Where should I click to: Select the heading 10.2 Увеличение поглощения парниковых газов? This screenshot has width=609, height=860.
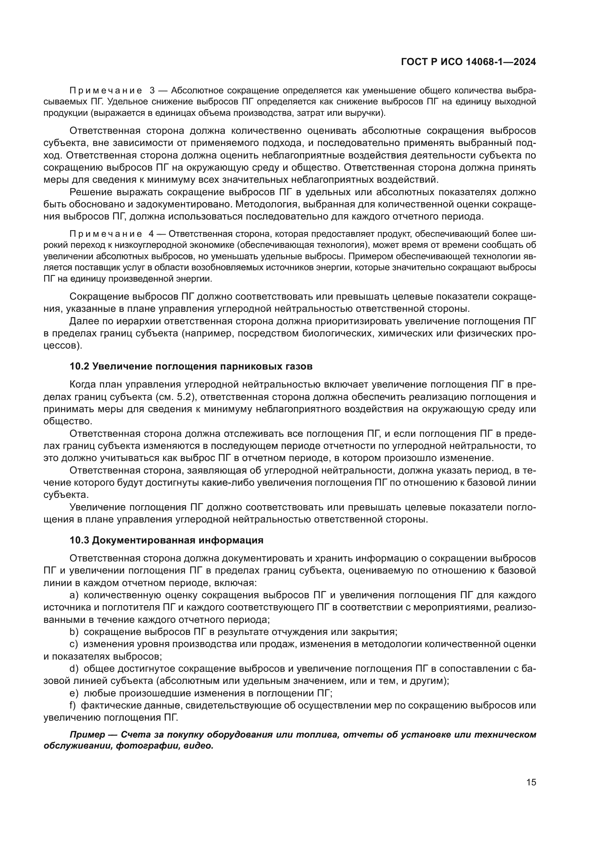point(191,366)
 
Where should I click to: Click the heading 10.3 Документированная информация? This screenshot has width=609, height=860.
point(166,540)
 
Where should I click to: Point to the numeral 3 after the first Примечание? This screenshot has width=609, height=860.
point(152,91)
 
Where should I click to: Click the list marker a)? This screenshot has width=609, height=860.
point(74,595)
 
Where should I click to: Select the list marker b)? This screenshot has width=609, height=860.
point(74,632)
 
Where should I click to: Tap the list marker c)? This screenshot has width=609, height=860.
point(74,644)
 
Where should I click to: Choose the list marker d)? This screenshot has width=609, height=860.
point(74,668)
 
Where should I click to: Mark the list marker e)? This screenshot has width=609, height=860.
point(74,693)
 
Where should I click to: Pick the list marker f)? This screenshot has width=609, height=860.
point(73,705)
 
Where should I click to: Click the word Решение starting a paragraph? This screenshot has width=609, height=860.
point(91,193)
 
